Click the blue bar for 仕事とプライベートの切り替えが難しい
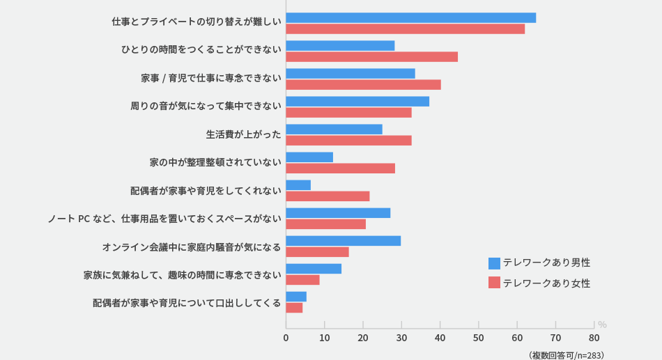coord(410,18)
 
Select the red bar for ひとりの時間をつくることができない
coord(371,57)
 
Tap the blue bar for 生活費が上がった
coord(334,130)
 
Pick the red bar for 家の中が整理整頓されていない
coord(340,169)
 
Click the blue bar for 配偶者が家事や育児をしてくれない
coord(298,185)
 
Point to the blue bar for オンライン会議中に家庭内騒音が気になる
coord(343,241)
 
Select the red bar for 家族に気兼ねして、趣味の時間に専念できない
coord(302,280)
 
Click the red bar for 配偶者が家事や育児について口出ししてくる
coord(294,308)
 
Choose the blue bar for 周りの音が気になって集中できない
coord(357,102)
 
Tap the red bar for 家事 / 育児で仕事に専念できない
coord(363,85)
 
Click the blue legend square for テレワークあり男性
coord(494,263)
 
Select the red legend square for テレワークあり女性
coord(494,283)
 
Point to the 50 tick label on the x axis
coord(478,338)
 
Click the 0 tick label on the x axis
coord(286,338)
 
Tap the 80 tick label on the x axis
coord(594,338)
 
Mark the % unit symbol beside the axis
coord(602,324)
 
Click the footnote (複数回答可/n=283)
coord(566,354)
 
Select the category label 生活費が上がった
coord(243,134)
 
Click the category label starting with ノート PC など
coord(164,219)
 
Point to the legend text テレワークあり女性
coord(546,283)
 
